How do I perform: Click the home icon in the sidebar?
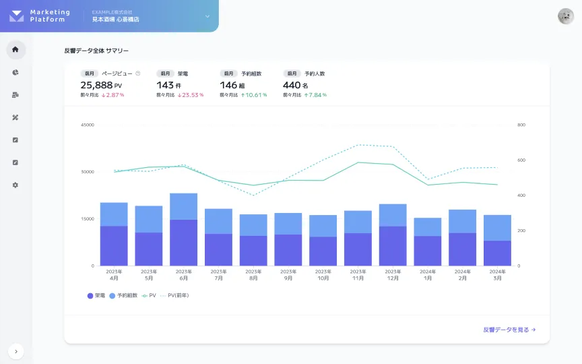(15, 49)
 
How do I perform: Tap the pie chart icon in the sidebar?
(15, 72)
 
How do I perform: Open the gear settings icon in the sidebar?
(15, 185)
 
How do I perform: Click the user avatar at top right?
(566, 16)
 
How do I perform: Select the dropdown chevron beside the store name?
(207, 16)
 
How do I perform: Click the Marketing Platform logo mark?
(17, 16)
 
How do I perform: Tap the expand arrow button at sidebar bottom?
(16, 351)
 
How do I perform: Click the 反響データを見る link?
(509, 330)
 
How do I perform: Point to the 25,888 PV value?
(101, 85)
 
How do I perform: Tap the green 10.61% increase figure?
(255, 95)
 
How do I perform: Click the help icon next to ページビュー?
(138, 73)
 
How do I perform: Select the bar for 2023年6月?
(183, 229)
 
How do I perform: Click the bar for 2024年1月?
(428, 241)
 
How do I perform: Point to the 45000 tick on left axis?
(87, 125)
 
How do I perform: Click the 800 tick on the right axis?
(521, 125)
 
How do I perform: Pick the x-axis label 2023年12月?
(393, 274)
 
